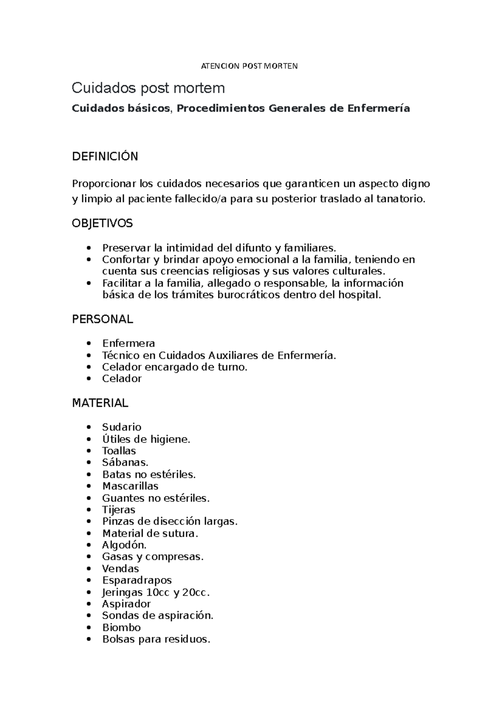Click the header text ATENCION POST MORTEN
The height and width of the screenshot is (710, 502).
(249, 66)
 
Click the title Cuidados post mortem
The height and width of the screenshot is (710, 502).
(148, 88)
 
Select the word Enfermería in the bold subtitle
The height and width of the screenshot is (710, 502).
(378, 109)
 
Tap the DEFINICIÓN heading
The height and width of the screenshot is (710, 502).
(105, 157)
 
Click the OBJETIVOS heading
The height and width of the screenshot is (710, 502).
(102, 224)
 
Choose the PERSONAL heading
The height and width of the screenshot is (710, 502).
(102, 319)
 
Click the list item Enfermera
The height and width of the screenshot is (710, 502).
(128, 344)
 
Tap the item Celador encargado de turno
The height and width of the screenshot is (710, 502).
(174, 367)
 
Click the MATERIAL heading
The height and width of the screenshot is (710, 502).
(100, 404)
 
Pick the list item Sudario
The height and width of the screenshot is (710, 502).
(122, 427)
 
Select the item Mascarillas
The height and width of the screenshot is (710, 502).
(130, 486)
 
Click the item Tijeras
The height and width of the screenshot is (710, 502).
(119, 510)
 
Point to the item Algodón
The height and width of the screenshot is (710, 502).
(124, 545)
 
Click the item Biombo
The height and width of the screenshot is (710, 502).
(121, 628)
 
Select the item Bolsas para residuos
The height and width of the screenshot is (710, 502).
(156, 639)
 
